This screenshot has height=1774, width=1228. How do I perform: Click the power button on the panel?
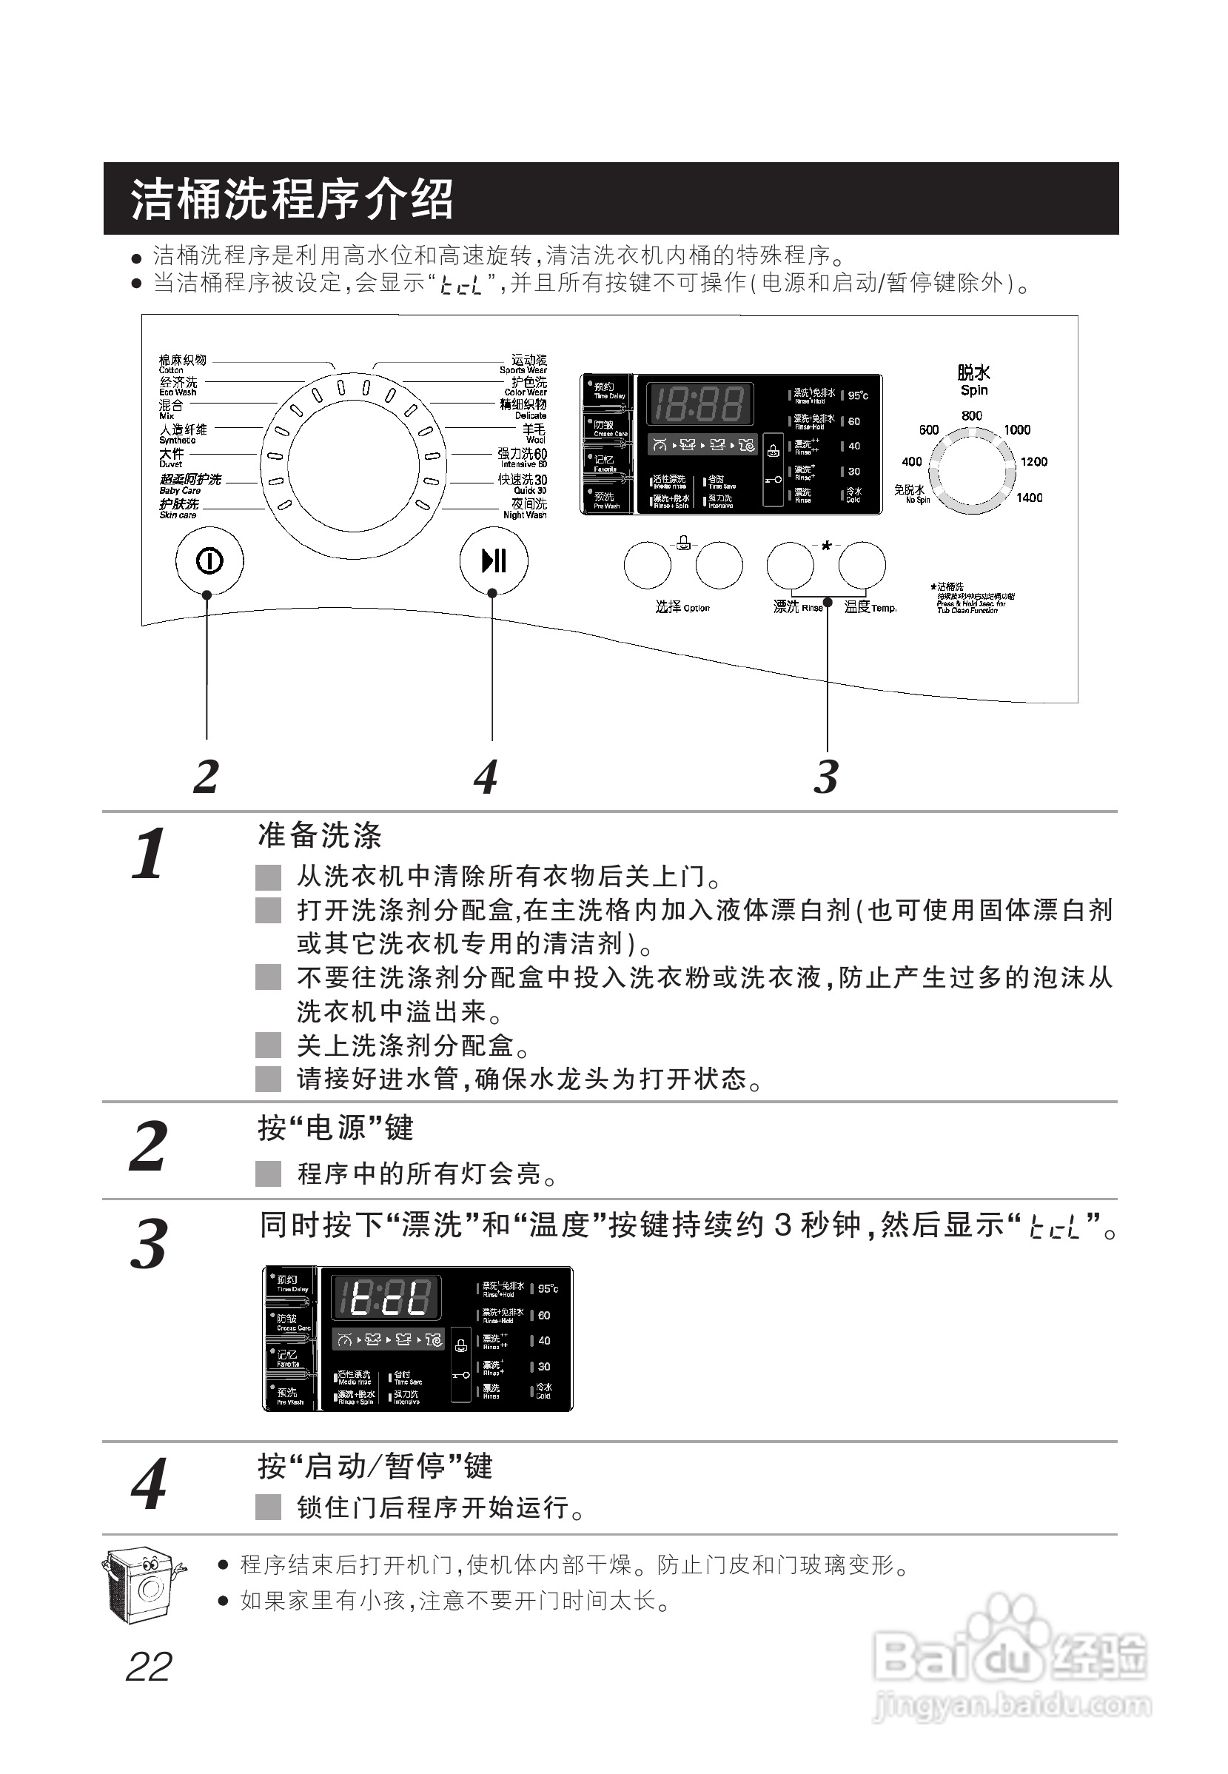209,561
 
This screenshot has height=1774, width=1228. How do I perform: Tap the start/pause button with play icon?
493,560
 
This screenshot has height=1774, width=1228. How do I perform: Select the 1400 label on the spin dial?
1029,498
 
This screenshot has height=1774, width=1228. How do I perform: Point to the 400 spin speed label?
912,462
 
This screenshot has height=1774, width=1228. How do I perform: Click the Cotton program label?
181,364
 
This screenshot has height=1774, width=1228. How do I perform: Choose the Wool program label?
533,433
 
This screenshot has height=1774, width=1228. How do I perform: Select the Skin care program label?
178,509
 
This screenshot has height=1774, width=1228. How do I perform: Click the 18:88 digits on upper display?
698,404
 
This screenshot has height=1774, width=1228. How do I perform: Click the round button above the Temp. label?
862,565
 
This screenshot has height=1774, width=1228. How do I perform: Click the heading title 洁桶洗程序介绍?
292,198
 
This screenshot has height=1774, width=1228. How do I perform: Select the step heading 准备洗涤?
319,835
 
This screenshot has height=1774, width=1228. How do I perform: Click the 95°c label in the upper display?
857,395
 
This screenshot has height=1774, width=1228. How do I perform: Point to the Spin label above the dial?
973,390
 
